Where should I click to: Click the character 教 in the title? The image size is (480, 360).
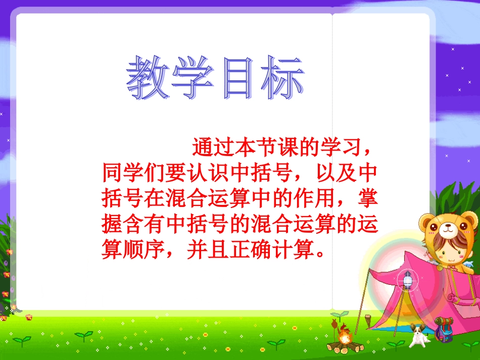point(147,78)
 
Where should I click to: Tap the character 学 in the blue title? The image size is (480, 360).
point(192,78)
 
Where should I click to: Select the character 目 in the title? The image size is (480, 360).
point(237,78)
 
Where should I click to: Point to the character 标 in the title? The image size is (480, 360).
point(282,78)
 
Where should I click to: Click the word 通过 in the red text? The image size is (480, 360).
point(208,147)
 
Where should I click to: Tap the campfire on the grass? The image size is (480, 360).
point(345,339)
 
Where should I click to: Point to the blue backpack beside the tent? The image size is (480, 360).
point(445,333)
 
